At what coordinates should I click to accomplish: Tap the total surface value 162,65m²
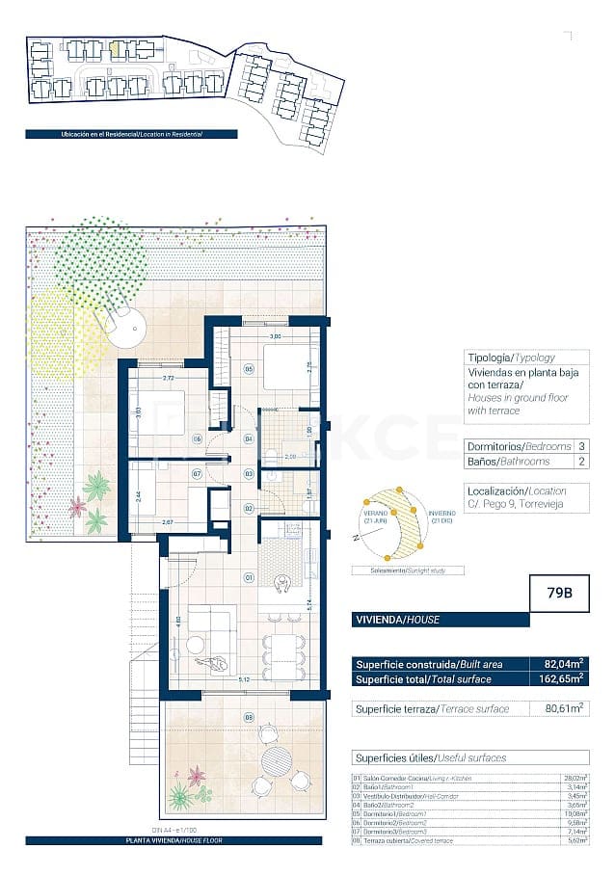pos(561,678)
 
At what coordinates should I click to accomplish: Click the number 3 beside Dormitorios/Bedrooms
pos(581,446)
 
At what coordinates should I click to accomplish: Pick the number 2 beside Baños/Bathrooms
pos(581,462)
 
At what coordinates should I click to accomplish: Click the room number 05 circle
pos(248,368)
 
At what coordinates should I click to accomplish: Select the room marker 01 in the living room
pos(248,578)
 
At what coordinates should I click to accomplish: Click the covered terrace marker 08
pos(248,716)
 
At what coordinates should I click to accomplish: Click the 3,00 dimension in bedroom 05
pos(274,336)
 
